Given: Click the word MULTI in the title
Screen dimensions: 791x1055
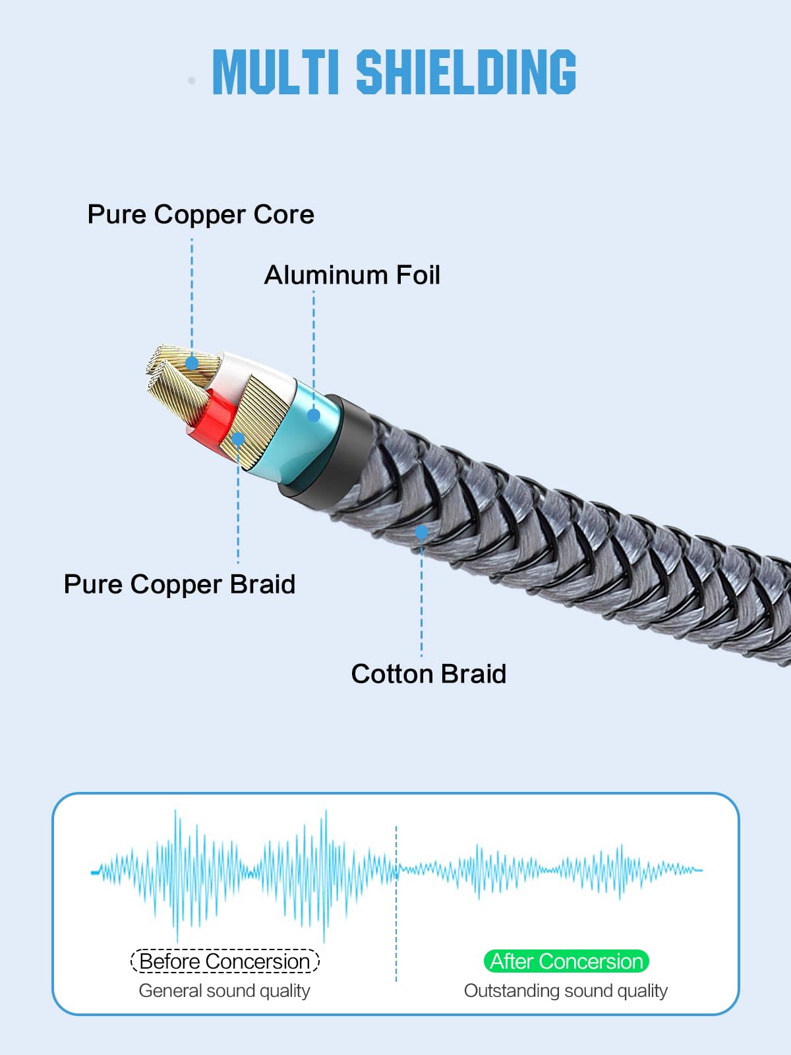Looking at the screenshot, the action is click(x=276, y=72).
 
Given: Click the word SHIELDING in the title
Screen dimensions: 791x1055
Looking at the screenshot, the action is click(x=466, y=72).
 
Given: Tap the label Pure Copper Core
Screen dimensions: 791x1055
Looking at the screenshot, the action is click(x=201, y=214).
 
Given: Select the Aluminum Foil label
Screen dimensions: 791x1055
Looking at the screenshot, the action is click(x=352, y=275).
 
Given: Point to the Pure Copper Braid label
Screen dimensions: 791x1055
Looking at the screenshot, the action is click(x=179, y=584).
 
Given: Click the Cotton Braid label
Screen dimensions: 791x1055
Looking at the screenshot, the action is click(x=428, y=674).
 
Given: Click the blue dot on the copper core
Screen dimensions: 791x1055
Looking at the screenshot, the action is click(x=192, y=363).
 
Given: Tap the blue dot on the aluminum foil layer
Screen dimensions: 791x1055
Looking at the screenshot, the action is click(x=314, y=415).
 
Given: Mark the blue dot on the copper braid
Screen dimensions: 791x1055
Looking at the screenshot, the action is click(x=238, y=439).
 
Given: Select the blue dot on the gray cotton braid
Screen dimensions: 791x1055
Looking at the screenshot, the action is click(x=422, y=532).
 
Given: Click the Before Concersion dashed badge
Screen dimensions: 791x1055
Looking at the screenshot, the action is click(x=225, y=961).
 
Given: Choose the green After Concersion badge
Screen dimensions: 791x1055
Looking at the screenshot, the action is click(x=566, y=961).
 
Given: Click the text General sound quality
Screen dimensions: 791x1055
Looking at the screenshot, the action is click(x=224, y=991).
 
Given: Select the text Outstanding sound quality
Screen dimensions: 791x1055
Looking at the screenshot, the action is click(x=566, y=991).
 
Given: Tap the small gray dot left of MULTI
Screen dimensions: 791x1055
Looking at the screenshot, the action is click(x=192, y=80).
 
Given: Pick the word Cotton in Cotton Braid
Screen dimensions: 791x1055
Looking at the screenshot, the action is click(x=392, y=674).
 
